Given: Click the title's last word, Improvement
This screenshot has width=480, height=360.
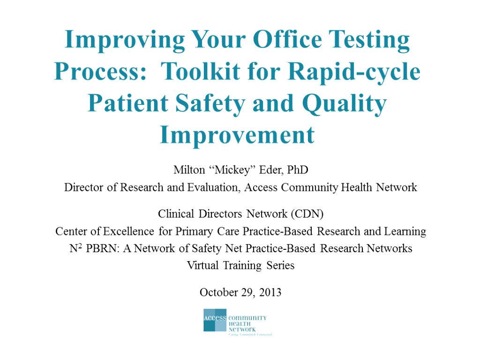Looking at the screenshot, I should pyautogui.click(x=237, y=135).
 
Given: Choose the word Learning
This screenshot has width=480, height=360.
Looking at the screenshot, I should pyautogui.click(x=405, y=232).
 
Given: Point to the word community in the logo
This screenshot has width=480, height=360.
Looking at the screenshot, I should pyautogui.click(x=247, y=318).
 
